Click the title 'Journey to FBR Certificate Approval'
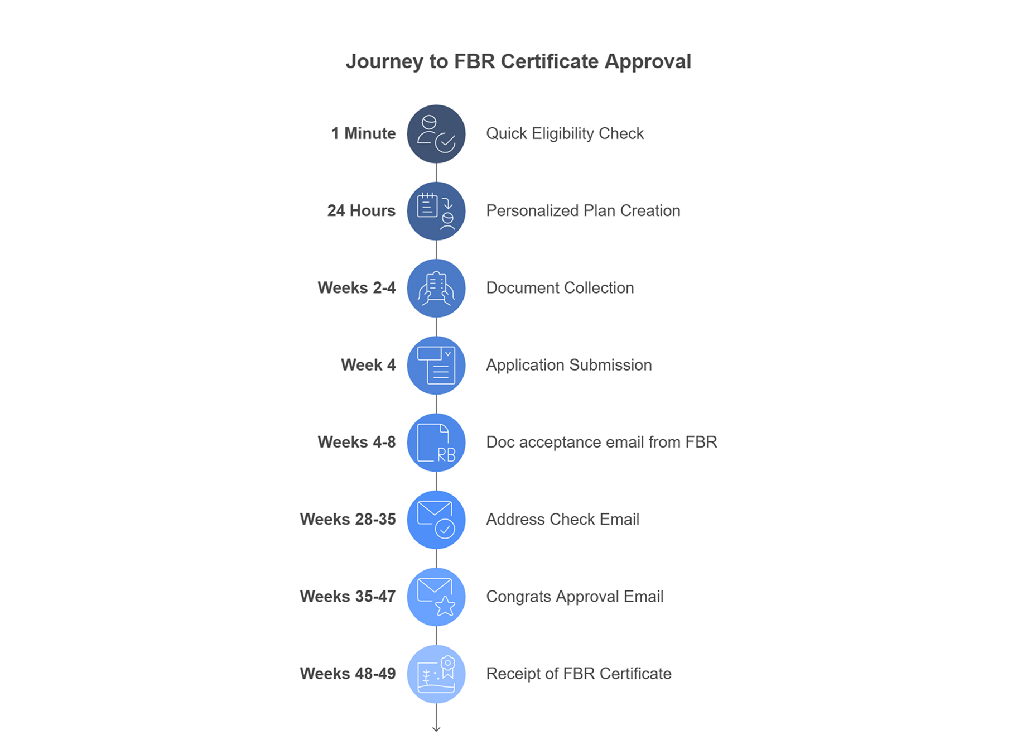point(518,61)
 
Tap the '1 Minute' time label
point(363,133)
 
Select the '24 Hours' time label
point(361,210)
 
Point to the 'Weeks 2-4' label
point(356,287)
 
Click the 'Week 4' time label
point(368,365)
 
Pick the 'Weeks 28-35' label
point(348,519)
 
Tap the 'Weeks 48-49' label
point(348,674)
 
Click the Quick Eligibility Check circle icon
point(436,134)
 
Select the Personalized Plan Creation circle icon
point(436,211)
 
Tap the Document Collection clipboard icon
point(436,288)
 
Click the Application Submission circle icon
point(436,366)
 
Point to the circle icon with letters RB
point(436,443)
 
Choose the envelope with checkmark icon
point(436,520)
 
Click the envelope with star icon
point(436,597)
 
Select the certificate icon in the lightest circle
point(436,674)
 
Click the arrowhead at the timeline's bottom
point(436,728)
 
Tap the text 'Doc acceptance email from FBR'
point(601,442)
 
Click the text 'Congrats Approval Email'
point(575,597)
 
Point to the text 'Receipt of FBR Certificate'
point(579,674)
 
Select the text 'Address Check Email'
point(562,519)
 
